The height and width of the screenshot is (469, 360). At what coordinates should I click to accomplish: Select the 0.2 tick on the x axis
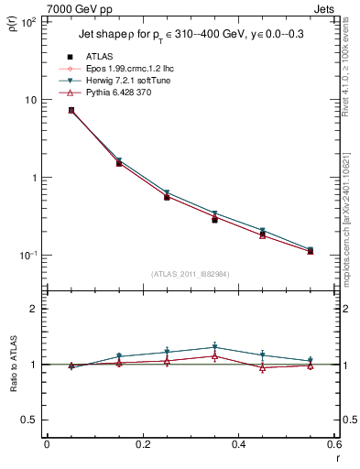pyautogui.click(x=142, y=445)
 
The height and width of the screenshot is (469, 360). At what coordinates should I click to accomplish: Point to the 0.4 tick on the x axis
pyautogui.click(x=238, y=445)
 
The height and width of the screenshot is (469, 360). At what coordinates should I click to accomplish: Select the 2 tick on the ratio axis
pyautogui.click(x=33, y=309)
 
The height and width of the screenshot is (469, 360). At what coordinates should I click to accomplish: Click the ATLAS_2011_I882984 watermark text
pyautogui.click(x=190, y=274)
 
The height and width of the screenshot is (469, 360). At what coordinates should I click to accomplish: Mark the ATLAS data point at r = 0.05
pyautogui.click(x=71, y=110)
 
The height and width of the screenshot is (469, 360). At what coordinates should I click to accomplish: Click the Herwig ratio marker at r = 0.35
pyautogui.click(x=214, y=347)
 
